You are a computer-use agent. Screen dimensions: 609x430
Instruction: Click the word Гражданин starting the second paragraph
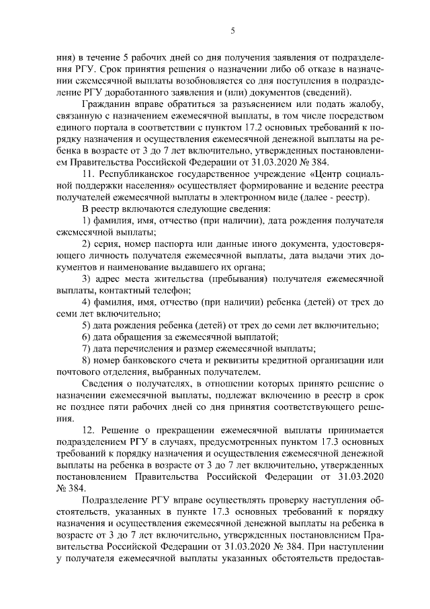[x=105, y=105]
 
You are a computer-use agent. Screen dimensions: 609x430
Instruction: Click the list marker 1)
[x=87, y=221]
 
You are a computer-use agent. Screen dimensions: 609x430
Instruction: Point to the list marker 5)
[x=87, y=325]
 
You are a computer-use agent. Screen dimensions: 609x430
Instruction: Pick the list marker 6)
[x=87, y=336]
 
